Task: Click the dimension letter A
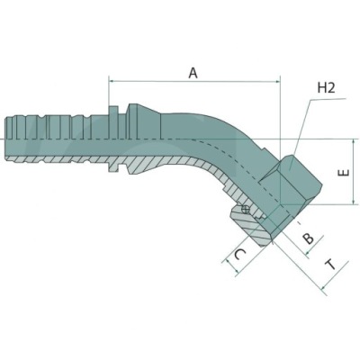click(192, 73)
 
